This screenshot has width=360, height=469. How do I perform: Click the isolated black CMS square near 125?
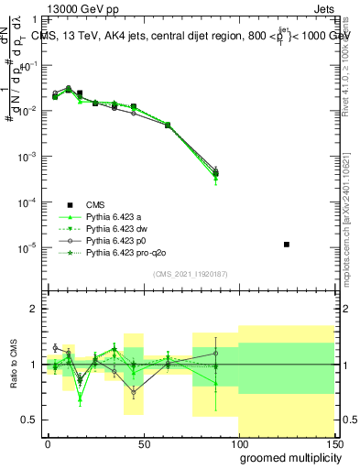[287, 245]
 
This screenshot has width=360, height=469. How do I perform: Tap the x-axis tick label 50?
[143, 443]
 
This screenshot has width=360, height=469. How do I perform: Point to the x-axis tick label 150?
[333, 443]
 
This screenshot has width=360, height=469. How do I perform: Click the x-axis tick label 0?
[48, 443]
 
